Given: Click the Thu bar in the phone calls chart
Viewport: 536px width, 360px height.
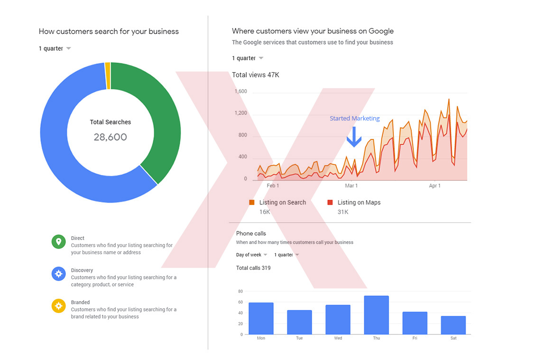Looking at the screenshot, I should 376,315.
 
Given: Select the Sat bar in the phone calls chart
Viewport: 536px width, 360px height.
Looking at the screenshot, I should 453,325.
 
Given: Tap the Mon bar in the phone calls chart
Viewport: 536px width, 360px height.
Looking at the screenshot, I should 261,318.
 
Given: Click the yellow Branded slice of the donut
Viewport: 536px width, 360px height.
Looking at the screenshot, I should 108,76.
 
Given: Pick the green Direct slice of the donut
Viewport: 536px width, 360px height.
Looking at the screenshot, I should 157,119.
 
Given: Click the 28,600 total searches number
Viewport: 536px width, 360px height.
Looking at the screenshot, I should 110,138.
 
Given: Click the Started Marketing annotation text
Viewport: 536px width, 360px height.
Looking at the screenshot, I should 355,119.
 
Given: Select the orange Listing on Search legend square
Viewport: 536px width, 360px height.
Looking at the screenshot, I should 252,203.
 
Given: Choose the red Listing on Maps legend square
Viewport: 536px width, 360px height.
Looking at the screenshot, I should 330,203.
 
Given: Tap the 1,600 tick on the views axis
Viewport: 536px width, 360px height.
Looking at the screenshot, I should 240,92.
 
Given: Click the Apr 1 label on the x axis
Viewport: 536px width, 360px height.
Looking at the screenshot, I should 434,186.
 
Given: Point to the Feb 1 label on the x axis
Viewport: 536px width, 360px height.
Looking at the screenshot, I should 273,186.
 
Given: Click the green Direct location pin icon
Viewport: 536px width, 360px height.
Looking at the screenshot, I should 58,242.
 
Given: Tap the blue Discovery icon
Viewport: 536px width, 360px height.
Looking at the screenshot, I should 58,274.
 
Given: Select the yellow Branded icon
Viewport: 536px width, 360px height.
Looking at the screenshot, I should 58,305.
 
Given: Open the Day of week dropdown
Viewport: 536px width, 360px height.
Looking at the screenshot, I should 252,255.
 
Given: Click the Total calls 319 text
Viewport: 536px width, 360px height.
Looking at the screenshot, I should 253,268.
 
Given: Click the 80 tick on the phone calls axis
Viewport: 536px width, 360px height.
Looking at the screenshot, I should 240,291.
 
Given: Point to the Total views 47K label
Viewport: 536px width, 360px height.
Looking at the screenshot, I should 255,75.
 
